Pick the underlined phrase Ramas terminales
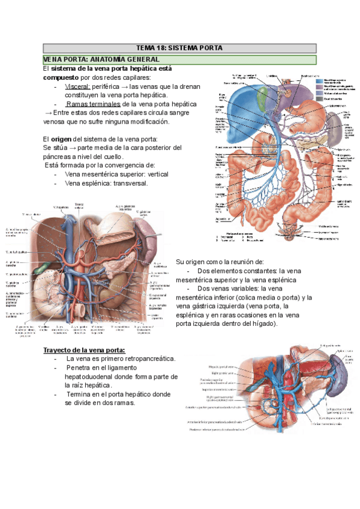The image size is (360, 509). click(x=90, y=104)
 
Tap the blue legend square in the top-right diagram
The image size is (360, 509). click(x=304, y=79)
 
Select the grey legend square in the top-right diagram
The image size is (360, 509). click(x=304, y=94)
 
